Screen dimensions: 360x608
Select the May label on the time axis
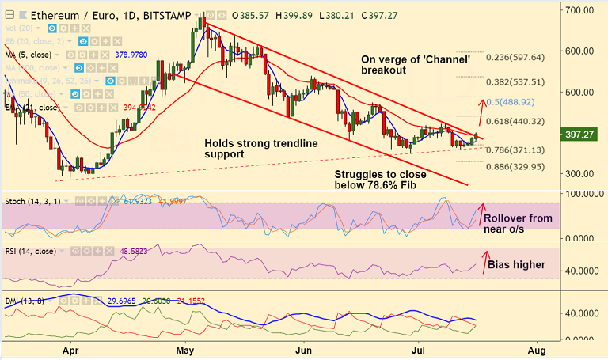[185, 349]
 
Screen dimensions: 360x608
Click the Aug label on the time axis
[537, 349]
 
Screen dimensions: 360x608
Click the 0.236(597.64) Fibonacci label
[515, 57]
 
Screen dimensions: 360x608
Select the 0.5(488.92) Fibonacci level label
[515, 102]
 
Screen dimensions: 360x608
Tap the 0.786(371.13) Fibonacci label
[515, 150]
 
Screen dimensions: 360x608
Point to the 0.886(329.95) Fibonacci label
[515, 167]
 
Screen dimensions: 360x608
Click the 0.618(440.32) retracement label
[515, 121]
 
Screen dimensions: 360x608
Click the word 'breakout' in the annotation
[383, 70]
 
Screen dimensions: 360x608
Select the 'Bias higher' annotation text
[516, 264]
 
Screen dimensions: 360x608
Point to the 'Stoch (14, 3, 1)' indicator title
[32, 202]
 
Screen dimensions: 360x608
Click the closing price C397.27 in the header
[380, 15]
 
